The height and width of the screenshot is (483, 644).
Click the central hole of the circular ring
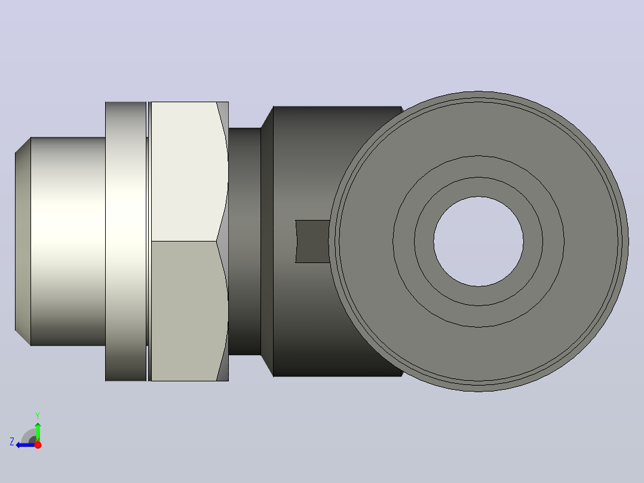479,241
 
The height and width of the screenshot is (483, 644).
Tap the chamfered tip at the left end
23,241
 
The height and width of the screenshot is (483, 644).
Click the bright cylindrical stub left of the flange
68,241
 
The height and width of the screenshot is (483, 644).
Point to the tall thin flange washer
125,241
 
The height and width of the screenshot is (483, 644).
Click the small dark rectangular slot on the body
312,241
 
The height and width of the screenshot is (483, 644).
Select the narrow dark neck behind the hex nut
244,241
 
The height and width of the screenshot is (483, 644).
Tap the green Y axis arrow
38,432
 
